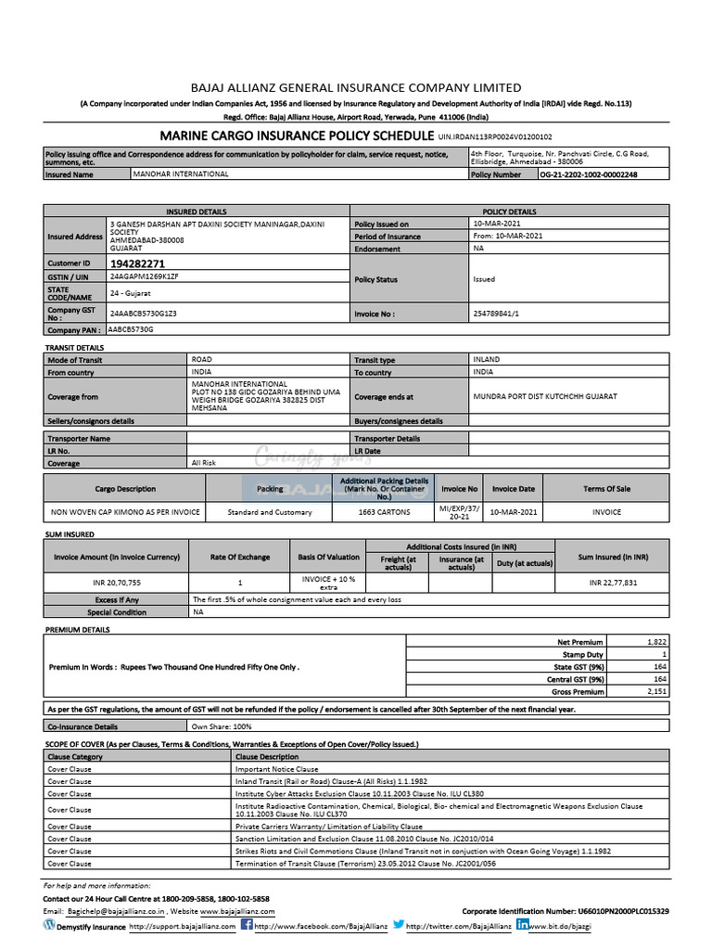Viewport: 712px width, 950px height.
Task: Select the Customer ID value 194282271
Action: pyautogui.click(x=138, y=264)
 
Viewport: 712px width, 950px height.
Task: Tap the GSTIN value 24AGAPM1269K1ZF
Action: pyautogui.click(x=144, y=276)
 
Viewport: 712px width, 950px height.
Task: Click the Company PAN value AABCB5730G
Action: pyautogui.click(x=131, y=329)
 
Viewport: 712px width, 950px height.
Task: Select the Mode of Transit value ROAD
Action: pyautogui.click(x=201, y=359)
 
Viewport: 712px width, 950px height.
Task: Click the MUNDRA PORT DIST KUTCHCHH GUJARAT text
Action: pyautogui.click(x=544, y=396)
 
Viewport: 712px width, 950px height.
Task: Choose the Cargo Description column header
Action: pyautogui.click(x=125, y=489)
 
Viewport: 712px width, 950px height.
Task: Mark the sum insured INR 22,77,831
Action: pyautogui.click(x=613, y=583)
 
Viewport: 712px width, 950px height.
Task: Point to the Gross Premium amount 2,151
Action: pyautogui.click(x=656, y=692)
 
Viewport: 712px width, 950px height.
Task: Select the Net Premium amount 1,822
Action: pyautogui.click(x=656, y=642)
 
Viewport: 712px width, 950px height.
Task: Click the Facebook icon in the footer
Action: pyautogui.click(x=247, y=925)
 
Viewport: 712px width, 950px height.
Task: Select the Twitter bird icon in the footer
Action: pyautogui.click(x=398, y=925)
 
